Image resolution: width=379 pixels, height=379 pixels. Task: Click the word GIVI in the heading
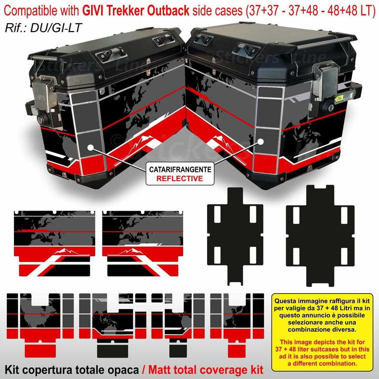94,11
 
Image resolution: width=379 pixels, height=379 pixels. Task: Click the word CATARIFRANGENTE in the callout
180,170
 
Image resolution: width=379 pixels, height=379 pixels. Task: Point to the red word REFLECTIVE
180,178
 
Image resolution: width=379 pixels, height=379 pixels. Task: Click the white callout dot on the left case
91,148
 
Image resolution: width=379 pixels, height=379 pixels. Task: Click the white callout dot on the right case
261,142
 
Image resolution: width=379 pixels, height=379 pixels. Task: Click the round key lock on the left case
45,119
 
